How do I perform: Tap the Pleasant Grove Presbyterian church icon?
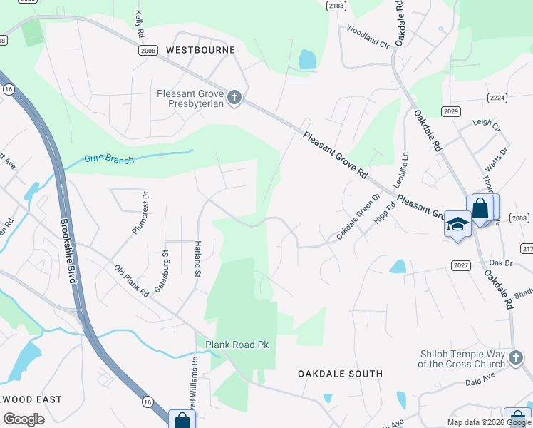click(234, 97)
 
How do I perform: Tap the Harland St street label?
click(197, 260)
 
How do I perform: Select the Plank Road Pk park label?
click(237, 345)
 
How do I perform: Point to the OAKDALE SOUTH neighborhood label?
click(340, 374)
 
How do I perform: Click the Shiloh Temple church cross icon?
click(517, 358)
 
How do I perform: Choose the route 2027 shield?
click(461, 265)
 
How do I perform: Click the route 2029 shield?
click(450, 111)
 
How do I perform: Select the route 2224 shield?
click(497, 97)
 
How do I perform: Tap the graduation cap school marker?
click(456, 225)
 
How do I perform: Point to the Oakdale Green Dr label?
click(360, 218)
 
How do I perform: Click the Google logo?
click(24, 419)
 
